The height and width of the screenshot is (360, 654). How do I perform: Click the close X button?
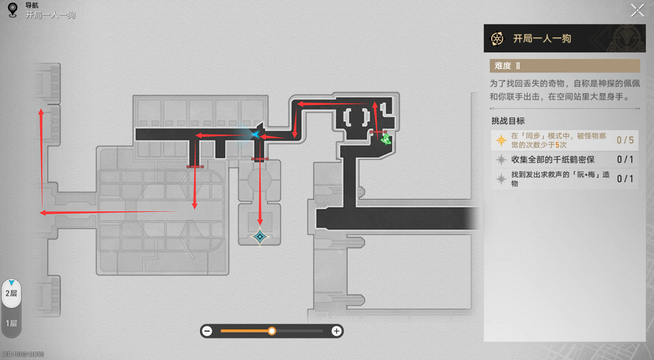tap(637, 10)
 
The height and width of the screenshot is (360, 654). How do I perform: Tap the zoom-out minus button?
tap(207, 331)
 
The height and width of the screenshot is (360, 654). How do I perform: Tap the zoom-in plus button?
tap(336, 331)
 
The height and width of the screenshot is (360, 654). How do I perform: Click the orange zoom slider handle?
tap(272, 331)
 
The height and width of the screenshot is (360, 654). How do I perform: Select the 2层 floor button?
tap(11, 293)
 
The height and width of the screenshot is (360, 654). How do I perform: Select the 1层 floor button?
tap(11, 323)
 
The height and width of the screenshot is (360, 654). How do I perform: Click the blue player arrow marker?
tap(255, 134)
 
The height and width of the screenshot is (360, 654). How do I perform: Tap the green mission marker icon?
tap(386, 139)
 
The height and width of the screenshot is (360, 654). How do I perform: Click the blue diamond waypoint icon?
tap(260, 237)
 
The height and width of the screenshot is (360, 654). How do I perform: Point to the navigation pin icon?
tap(13, 10)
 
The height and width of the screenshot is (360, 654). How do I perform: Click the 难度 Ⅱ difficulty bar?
tap(565, 66)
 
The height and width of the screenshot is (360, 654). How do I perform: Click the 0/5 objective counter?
tap(625, 140)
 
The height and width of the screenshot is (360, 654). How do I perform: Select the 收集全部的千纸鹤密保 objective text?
tap(553, 160)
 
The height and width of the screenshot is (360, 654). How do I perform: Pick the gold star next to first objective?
tap(501, 140)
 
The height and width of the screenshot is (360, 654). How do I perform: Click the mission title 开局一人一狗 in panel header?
tap(542, 38)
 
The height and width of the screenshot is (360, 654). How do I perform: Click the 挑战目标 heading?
tap(508, 121)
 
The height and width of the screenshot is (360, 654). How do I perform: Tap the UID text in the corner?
tap(23, 355)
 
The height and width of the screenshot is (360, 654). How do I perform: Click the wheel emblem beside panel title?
tap(497, 39)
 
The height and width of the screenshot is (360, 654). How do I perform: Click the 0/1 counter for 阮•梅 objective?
tap(625, 179)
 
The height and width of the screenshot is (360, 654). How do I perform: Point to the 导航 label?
tap(32, 5)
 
